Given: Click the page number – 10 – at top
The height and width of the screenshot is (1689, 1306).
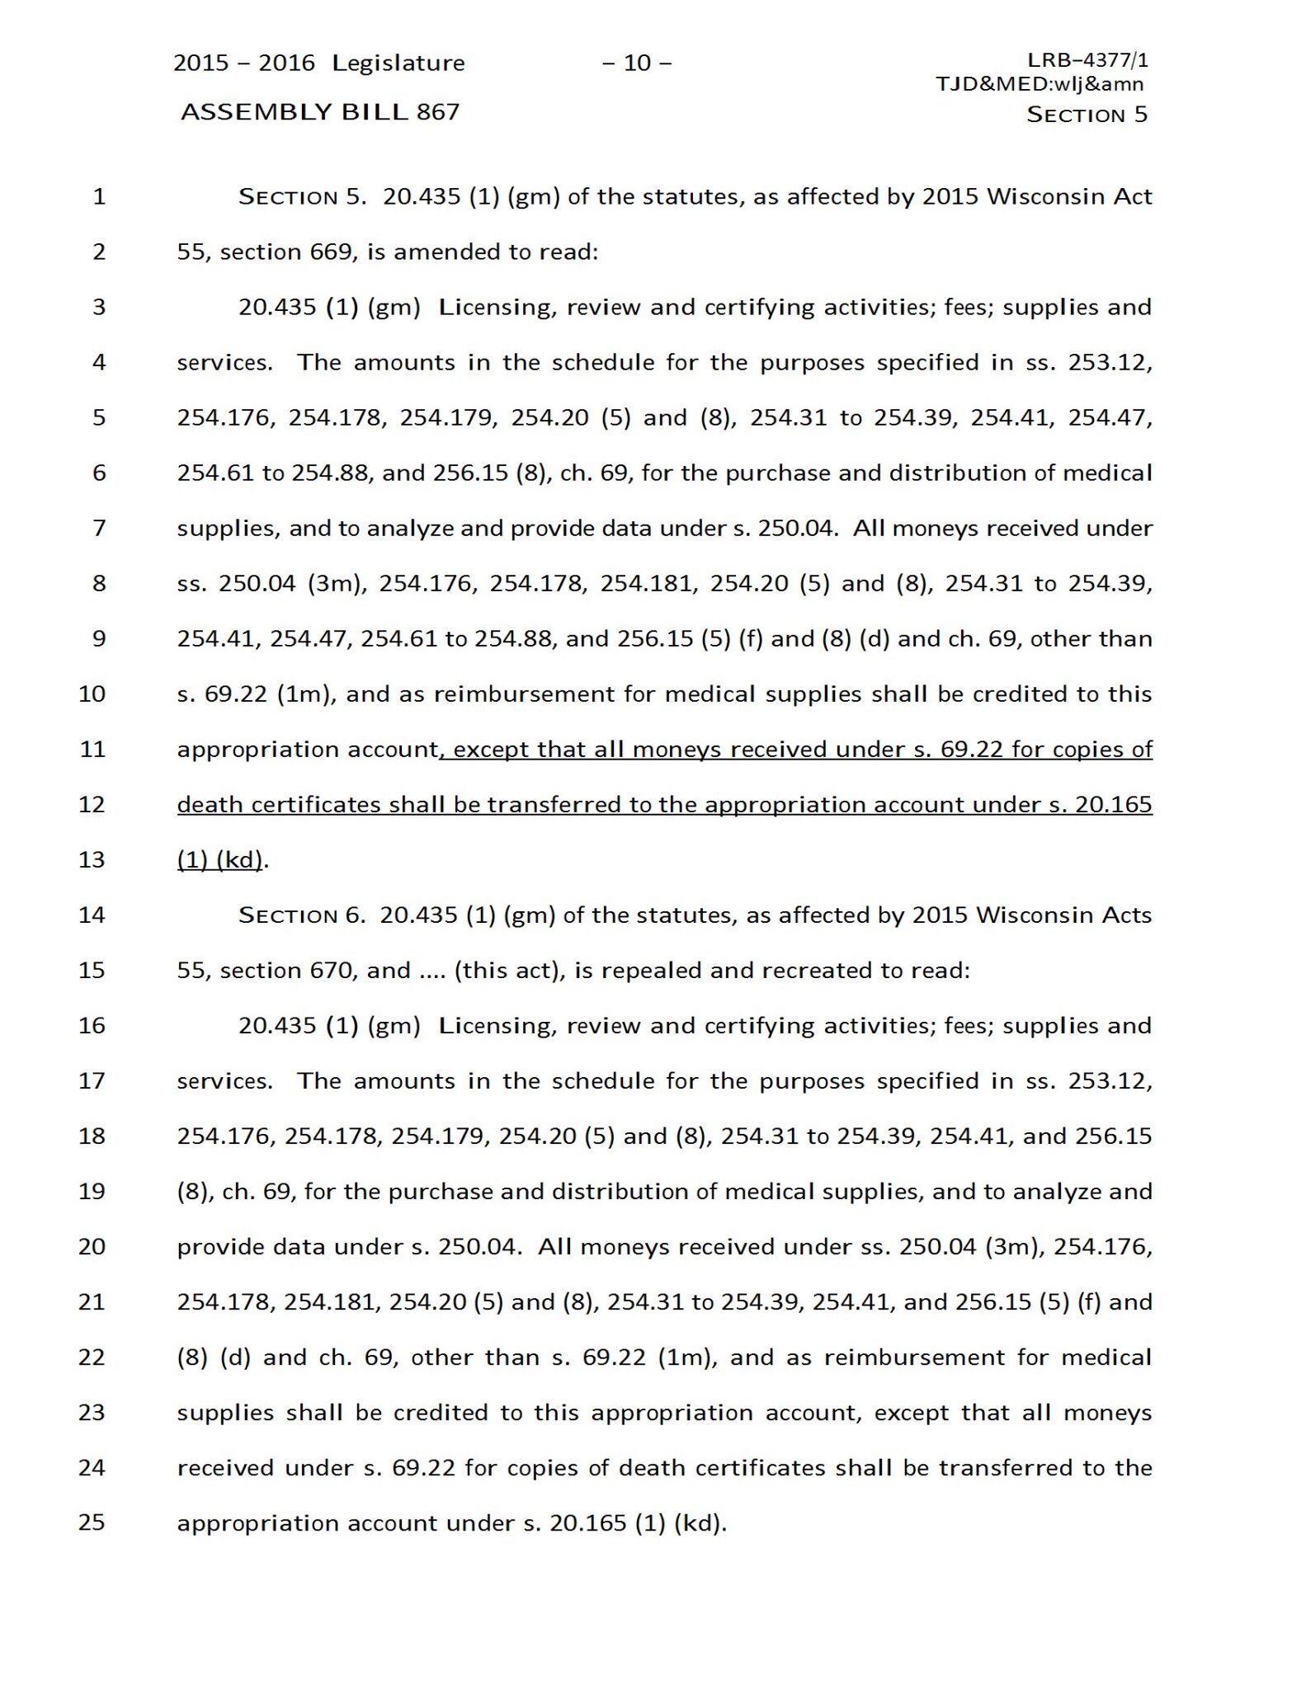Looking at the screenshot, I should [x=636, y=63].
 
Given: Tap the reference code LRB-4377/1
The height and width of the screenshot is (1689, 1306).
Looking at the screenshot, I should [x=1087, y=60].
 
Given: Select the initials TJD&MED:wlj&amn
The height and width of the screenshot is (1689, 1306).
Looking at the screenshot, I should [x=1040, y=83].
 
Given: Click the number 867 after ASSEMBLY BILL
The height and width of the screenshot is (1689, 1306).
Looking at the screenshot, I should [x=437, y=112].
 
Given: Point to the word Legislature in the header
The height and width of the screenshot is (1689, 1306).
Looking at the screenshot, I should [x=398, y=64].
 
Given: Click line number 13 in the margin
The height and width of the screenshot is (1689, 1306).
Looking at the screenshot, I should [x=92, y=859].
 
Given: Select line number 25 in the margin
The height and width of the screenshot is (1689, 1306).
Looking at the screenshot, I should [x=92, y=1522].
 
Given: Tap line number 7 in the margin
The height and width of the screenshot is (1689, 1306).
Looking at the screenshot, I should [x=99, y=528].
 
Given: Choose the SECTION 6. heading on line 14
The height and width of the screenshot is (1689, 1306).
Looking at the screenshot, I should [x=301, y=915].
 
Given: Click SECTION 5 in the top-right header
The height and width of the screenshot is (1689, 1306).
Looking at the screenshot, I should [x=1087, y=115].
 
